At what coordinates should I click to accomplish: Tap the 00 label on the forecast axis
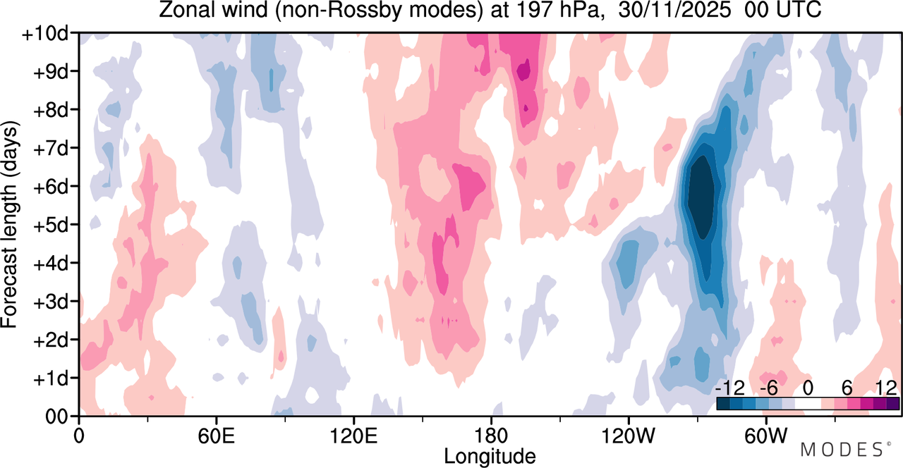(x=56, y=417)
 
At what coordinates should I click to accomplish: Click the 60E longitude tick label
(x=217, y=436)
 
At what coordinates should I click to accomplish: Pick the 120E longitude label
(x=353, y=436)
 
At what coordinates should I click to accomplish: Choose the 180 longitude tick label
(x=491, y=436)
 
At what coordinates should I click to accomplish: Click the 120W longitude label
(x=628, y=436)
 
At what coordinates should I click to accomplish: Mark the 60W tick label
(x=765, y=436)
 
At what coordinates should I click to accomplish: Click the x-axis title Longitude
(x=490, y=457)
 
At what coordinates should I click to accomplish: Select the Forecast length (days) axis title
(x=10, y=225)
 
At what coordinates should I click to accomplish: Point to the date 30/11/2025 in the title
(x=674, y=11)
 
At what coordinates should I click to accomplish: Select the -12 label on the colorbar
(x=730, y=388)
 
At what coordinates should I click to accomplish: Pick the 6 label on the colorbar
(x=847, y=388)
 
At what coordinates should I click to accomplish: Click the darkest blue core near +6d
(x=701, y=197)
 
